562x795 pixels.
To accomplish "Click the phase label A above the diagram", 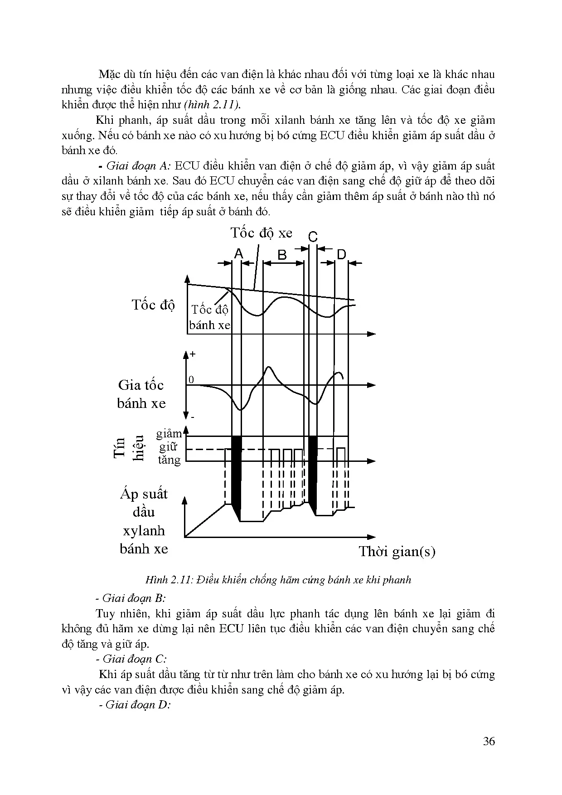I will (x=239, y=254).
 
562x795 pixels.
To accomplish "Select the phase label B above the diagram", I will (x=282, y=255).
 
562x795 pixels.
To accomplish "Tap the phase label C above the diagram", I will (x=313, y=237).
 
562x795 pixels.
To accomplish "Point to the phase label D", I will (x=341, y=255).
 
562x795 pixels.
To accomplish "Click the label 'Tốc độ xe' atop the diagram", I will (x=262, y=233).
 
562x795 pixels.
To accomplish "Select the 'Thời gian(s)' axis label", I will (x=397, y=552).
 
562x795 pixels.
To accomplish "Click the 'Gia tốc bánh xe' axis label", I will (x=141, y=394).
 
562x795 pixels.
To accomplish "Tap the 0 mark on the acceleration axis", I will (x=191, y=380).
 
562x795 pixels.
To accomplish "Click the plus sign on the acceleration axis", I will (x=193, y=354).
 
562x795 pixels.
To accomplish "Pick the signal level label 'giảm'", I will (x=169, y=434).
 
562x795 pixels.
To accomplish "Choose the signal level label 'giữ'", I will (x=168, y=447).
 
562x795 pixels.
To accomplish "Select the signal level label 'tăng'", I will (x=169, y=460).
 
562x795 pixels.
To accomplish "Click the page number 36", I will (x=489, y=742).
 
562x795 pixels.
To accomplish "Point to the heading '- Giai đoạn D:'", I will (x=135, y=705).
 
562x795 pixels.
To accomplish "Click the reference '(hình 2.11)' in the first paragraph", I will (x=213, y=105).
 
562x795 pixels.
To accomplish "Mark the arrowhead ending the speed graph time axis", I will (x=372, y=334).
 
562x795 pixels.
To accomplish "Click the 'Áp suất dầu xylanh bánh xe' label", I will (x=144, y=521).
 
